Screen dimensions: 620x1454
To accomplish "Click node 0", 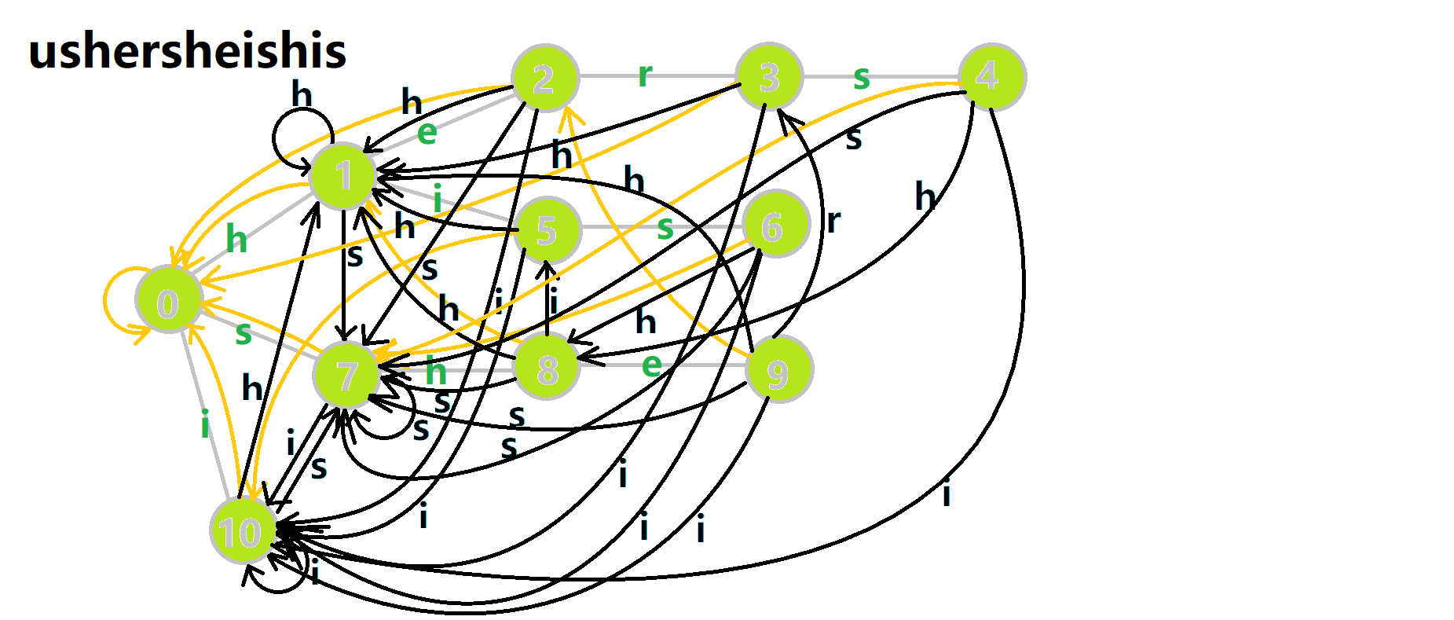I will [x=168, y=303].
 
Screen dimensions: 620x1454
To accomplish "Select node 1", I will [x=343, y=175].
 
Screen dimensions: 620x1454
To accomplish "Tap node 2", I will [x=544, y=78].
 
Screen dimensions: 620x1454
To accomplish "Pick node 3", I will [x=770, y=76].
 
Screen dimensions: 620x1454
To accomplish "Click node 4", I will [x=992, y=76].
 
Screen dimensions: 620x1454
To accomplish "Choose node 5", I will [x=547, y=230].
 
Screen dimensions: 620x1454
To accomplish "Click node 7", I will [x=346, y=375].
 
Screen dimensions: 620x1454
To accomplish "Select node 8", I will [x=548, y=368].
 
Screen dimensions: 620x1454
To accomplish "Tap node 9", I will [x=778, y=371].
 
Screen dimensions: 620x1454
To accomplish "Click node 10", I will [x=243, y=531].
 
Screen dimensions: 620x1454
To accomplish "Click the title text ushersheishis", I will [x=187, y=51].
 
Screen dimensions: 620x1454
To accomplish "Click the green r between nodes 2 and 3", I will [x=645, y=75].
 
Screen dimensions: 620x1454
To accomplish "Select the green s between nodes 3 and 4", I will [x=862, y=78].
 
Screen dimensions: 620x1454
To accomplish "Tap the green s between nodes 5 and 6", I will [x=665, y=229].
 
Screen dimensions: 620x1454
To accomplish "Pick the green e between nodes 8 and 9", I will [x=651, y=365].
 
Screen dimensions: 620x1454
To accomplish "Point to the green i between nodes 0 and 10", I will [x=205, y=425].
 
